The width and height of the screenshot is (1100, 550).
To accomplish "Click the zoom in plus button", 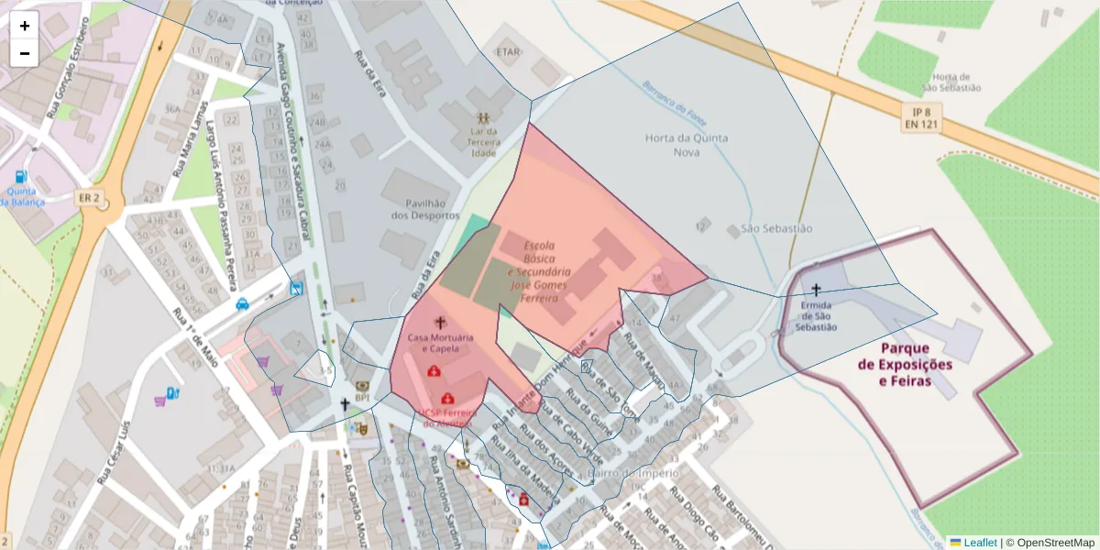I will tap(25, 26).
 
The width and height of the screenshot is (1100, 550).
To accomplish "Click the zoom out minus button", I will tap(25, 53).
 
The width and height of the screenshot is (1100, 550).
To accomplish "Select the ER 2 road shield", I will tap(89, 198).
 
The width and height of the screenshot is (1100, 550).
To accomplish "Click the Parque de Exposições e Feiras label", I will tap(904, 364).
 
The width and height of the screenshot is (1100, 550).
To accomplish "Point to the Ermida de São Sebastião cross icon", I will tap(816, 290).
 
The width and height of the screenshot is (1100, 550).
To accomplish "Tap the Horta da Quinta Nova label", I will tap(686, 145).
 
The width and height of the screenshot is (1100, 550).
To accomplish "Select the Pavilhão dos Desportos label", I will tap(424, 209).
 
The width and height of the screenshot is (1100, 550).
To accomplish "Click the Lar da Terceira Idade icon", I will tap(483, 118).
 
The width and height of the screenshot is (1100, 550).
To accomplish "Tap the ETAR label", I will tap(508, 52).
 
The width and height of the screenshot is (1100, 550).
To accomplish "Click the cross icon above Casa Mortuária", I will tap(440, 323).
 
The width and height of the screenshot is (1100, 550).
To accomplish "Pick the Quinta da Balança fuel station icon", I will tap(20, 176).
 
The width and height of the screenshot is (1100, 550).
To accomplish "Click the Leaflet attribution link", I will tap(979, 543).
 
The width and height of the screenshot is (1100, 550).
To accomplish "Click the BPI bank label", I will tap(362, 398).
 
